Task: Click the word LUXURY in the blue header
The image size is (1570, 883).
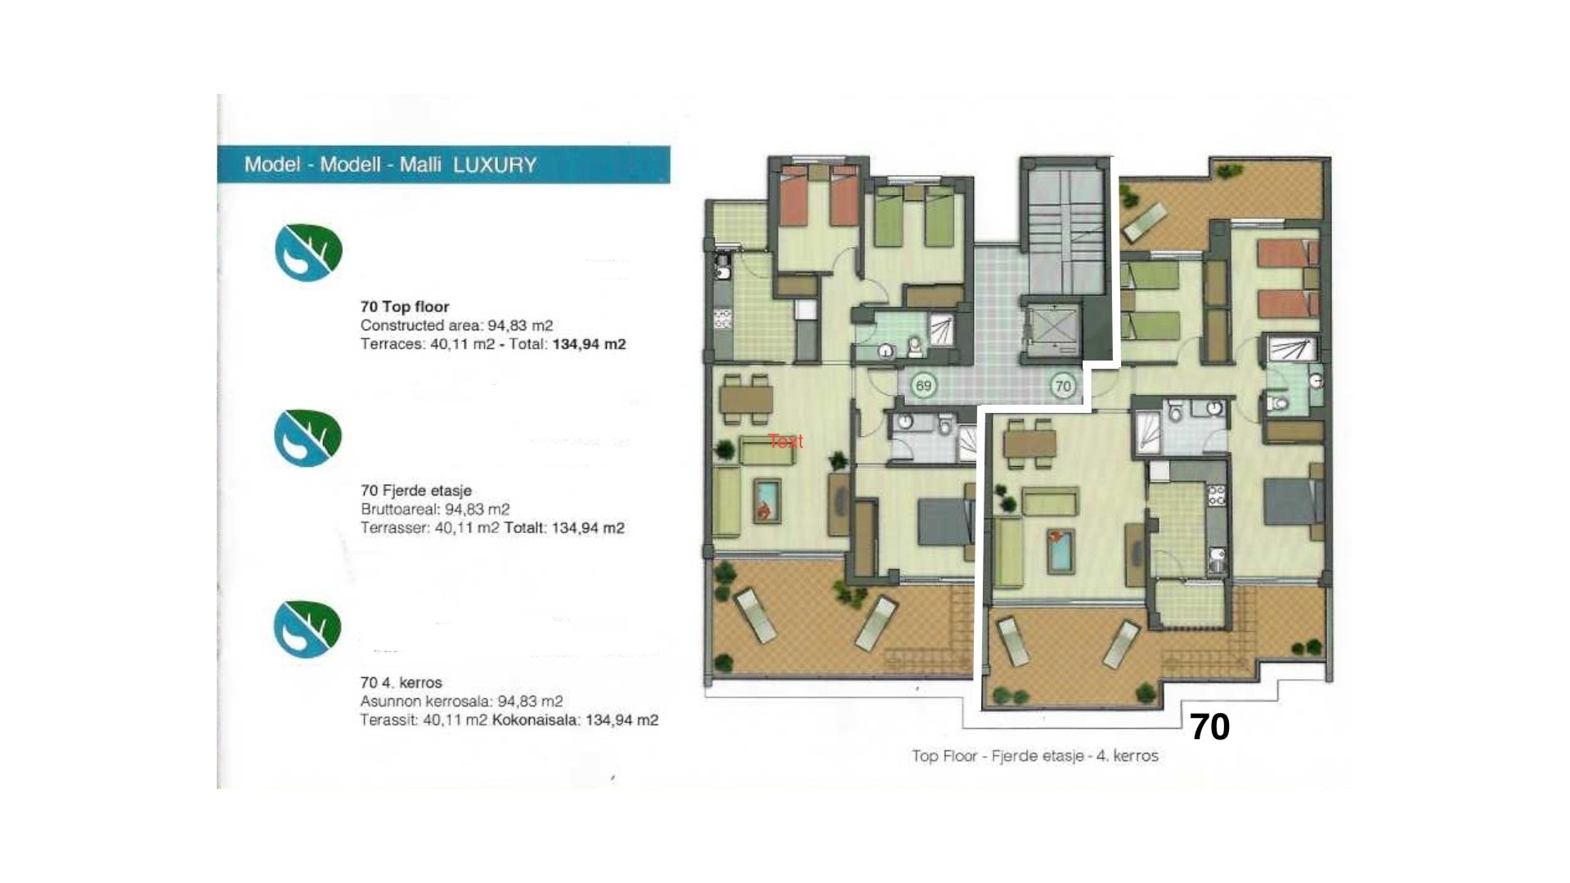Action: pos(495,165)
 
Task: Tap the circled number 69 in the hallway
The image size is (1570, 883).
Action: pos(923,386)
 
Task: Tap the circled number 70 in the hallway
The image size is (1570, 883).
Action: pos(1062,386)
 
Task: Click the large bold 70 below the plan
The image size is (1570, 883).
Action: pos(1209,727)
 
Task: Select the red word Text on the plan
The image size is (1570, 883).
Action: pos(785,441)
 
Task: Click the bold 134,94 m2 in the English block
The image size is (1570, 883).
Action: pos(589,344)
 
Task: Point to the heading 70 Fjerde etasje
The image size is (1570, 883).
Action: pos(415,491)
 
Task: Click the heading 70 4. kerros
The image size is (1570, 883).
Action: pos(401,683)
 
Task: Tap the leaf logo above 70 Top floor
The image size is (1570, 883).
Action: pos(308,253)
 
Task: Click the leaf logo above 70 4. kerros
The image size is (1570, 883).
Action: pos(307,629)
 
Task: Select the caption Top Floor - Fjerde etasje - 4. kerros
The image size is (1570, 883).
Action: pos(1034,756)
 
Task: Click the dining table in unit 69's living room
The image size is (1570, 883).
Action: pos(746,399)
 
